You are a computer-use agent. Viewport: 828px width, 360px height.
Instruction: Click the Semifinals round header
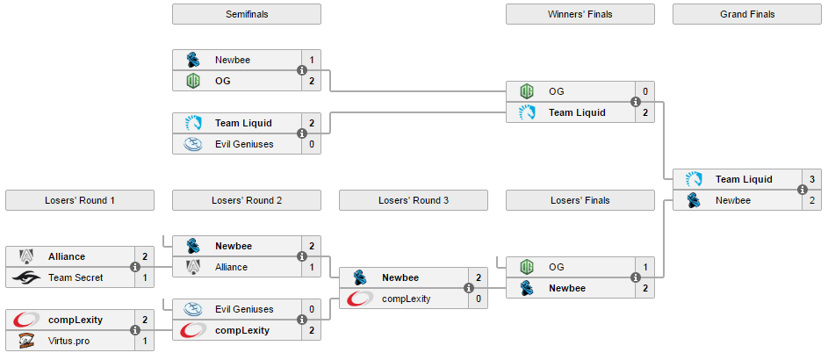click(247, 14)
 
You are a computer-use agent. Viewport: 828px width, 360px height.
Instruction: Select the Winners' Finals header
click(580, 14)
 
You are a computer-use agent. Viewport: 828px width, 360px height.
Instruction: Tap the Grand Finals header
click(747, 14)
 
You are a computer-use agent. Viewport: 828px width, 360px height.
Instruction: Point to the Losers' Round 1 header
click(80, 200)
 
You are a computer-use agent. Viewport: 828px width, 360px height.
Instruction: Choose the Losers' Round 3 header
click(414, 200)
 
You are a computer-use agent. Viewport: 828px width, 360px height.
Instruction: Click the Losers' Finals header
click(580, 200)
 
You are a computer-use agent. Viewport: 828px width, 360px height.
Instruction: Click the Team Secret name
click(76, 277)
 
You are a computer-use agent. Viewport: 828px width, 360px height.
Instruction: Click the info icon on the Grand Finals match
click(803, 190)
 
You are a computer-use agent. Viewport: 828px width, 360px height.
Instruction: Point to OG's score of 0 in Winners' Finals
click(644, 91)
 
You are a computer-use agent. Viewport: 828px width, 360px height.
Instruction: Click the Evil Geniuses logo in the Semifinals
click(193, 144)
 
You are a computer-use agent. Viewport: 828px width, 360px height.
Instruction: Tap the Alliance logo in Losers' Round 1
click(26, 256)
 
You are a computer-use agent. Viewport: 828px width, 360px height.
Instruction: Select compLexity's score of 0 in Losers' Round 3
click(478, 299)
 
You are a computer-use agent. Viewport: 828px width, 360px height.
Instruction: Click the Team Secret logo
click(26, 277)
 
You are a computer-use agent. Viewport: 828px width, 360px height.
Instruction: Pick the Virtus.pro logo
click(26, 341)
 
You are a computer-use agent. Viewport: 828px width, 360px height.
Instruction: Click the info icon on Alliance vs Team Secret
click(135, 267)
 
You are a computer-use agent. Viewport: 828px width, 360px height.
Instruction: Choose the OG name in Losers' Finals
click(557, 267)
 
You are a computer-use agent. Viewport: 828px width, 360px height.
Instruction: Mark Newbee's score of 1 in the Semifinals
click(311, 60)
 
